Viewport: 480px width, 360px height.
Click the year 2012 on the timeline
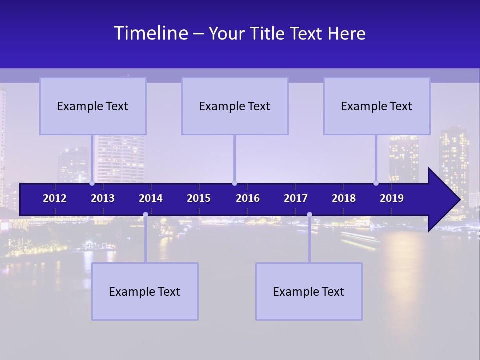pos(55,198)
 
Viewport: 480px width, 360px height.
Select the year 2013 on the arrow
pos(103,198)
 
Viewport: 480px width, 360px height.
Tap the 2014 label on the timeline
pos(151,198)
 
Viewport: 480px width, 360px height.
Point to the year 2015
pos(199,198)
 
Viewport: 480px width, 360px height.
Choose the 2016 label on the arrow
pos(248,198)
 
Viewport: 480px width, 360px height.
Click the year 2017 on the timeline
pos(296,198)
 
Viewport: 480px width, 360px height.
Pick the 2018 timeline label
pos(344,198)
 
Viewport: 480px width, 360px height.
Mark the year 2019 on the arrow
pos(392,198)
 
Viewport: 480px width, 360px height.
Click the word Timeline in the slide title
pos(151,33)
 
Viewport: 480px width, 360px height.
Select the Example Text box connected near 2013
pos(93,106)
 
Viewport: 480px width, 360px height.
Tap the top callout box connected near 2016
pos(235,106)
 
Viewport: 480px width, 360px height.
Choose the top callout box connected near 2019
pos(377,106)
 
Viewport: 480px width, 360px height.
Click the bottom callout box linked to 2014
pos(145,291)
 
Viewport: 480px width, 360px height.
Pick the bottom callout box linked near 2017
pos(309,291)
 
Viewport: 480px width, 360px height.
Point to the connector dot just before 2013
pos(92,183)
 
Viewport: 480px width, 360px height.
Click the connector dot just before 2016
pos(235,183)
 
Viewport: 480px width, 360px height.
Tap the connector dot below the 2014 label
pos(145,214)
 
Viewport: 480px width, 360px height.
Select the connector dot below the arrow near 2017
pos(309,214)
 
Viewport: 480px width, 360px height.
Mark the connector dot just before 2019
pos(376,183)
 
